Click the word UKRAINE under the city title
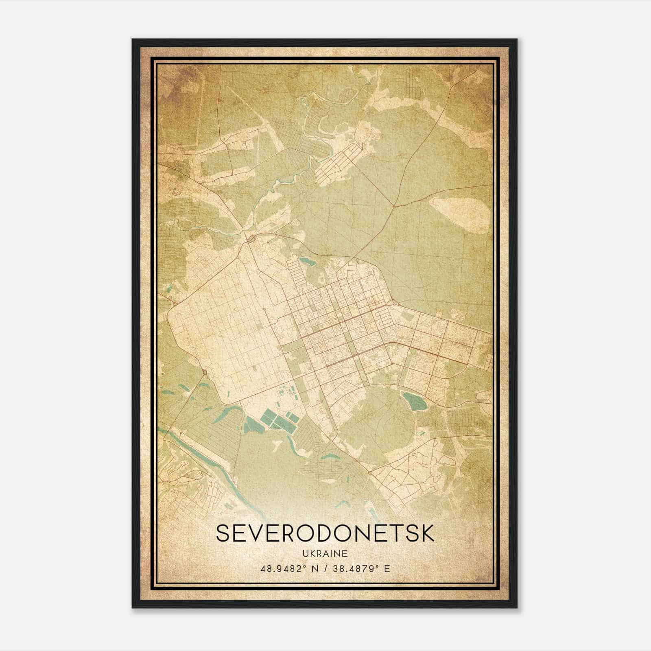tap(325, 553)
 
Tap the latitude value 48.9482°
tap(283, 568)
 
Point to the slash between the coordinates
tap(325, 568)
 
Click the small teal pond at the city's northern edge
tap(306, 260)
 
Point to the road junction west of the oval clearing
tap(394, 207)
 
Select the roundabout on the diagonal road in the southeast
tap(369, 473)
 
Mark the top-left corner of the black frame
tap(133, 39)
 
